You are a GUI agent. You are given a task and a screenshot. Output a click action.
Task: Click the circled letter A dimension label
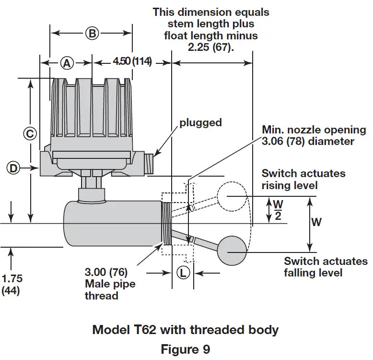(x=67, y=62)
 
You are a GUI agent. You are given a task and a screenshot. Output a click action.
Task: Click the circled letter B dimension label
(x=92, y=33)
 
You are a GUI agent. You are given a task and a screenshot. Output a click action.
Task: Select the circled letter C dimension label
(x=30, y=133)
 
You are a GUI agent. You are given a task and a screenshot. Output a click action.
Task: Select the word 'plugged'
(x=200, y=122)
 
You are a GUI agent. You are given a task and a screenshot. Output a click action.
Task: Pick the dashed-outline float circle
(x=230, y=197)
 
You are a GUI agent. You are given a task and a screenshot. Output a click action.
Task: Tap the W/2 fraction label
(x=277, y=209)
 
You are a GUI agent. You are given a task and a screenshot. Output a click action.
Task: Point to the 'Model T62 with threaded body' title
(x=185, y=330)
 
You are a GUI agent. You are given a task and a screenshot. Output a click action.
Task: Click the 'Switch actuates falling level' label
(x=325, y=267)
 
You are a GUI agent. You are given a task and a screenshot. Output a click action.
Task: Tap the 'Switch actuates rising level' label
(x=303, y=179)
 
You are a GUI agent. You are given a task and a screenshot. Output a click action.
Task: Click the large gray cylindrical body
(x=113, y=223)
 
